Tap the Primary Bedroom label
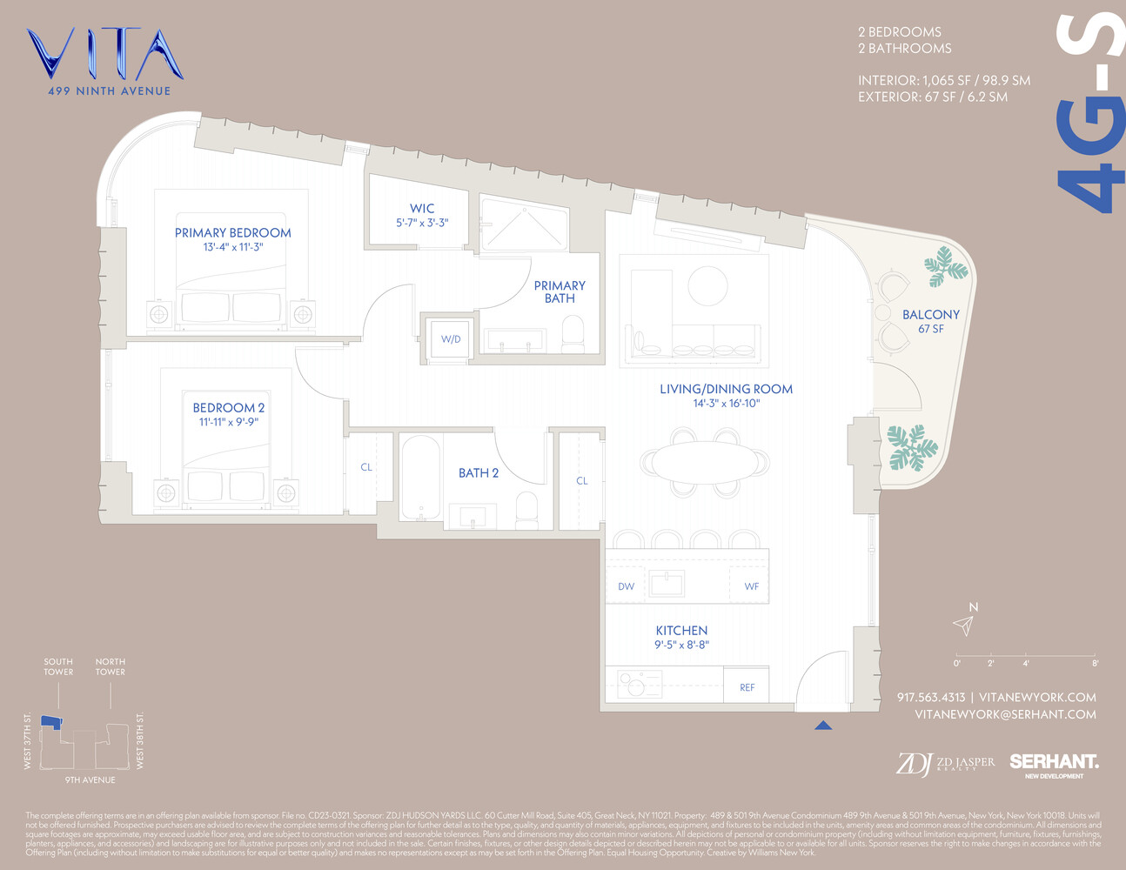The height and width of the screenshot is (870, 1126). [x=232, y=232]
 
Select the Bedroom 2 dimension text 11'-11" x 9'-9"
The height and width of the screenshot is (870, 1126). [x=229, y=422]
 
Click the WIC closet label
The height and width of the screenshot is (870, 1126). [x=422, y=208]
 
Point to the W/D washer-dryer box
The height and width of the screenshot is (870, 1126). [x=450, y=338]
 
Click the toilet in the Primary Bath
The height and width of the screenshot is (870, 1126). [x=573, y=334]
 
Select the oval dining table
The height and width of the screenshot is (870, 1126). [x=705, y=461]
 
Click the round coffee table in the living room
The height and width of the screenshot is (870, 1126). [x=707, y=284]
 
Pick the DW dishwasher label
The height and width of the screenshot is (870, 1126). [x=626, y=586]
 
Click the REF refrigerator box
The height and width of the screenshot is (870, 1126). [x=747, y=686]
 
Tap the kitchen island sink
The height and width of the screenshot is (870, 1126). [x=666, y=583]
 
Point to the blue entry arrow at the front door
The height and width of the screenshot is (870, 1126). [x=822, y=725]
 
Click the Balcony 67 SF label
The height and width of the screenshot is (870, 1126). [x=930, y=320]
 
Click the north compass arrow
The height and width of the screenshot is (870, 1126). [x=963, y=625]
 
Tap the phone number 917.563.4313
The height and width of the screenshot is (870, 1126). [x=930, y=697]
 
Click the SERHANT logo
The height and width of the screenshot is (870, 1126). [x=1053, y=763]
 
